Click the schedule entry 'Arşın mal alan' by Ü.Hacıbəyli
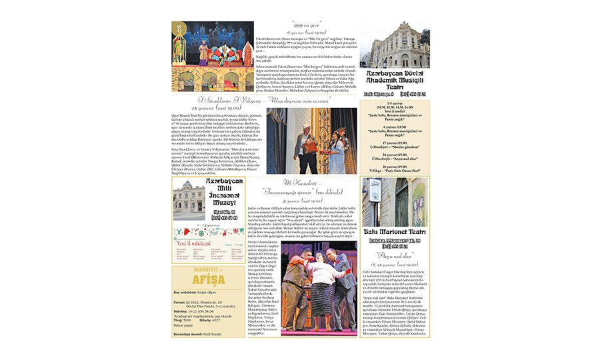(397, 158)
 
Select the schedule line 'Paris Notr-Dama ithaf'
(397, 171)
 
